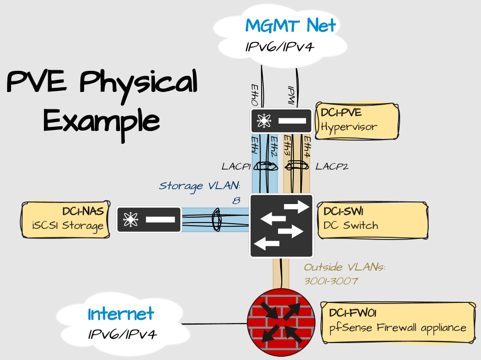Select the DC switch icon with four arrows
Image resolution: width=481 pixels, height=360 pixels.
tap(281, 226)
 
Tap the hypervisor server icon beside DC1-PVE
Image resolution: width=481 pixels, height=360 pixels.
tap(281, 121)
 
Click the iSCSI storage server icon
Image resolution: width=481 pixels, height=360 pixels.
tap(149, 219)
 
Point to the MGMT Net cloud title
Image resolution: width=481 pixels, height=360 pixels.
tap(290, 25)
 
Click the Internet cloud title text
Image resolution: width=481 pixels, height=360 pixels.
tap(121, 313)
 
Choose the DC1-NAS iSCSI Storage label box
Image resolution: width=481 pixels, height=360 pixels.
tap(65, 219)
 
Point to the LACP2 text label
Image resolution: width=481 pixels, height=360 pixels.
tap(332, 167)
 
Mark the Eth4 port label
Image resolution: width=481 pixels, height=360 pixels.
tap(307, 146)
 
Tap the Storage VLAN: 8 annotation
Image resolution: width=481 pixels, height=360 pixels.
tap(200, 191)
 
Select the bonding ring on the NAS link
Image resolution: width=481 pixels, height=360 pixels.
tap(216, 219)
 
